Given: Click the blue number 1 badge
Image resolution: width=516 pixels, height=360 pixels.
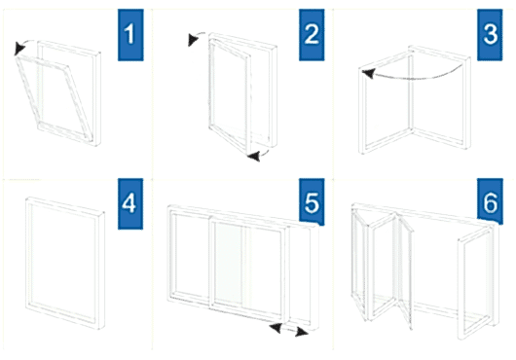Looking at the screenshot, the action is (x=130, y=35).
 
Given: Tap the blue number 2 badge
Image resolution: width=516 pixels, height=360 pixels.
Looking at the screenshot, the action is (x=312, y=35).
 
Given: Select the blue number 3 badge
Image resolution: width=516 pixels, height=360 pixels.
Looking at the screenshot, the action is (x=490, y=35).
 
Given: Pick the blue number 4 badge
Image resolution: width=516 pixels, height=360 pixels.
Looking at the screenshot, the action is (x=130, y=203).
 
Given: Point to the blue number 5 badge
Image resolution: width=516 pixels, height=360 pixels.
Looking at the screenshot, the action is (x=312, y=202).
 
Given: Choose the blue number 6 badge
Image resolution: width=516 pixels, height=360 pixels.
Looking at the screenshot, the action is (x=490, y=201).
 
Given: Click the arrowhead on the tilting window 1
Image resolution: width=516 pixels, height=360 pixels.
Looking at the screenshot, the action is (x=19, y=49).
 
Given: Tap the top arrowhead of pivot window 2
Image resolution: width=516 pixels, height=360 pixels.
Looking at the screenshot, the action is (x=193, y=40).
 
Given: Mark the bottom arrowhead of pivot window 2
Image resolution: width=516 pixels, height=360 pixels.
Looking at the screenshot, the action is (x=254, y=157).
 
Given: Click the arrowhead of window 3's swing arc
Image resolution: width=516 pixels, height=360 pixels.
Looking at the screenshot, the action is (x=368, y=74).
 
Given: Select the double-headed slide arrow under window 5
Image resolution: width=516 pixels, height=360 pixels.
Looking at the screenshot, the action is (x=288, y=330).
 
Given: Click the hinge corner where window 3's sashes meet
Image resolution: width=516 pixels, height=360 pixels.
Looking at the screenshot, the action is (x=411, y=129).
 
